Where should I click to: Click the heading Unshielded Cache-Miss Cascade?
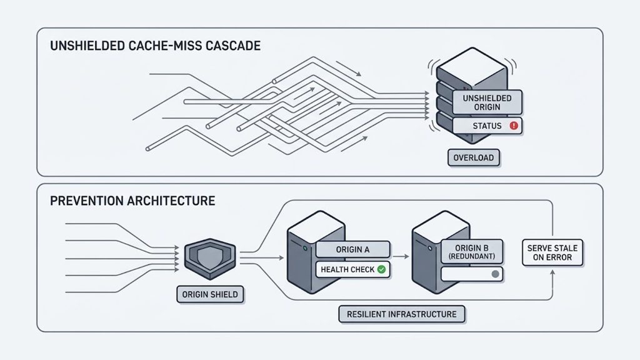(155, 45)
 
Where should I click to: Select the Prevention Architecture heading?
(132, 201)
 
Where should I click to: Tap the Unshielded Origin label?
(487, 102)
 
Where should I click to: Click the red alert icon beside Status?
(514, 126)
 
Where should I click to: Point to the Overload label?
(474, 157)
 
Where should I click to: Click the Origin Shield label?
(210, 294)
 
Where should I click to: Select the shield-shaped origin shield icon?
(210, 259)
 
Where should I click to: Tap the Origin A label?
(352, 249)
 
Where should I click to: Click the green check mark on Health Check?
(381, 269)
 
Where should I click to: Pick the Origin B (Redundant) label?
(471, 252)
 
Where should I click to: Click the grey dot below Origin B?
(495, 274)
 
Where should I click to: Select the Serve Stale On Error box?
(552, 252)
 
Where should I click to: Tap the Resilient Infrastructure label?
(402, 314)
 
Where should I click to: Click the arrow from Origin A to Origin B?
(401, 256)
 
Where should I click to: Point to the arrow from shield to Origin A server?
(262, 258)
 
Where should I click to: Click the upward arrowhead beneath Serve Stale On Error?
(552, 272)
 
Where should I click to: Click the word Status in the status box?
(487, 126)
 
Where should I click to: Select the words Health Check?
(347, 269)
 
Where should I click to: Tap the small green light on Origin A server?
(305, 248)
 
